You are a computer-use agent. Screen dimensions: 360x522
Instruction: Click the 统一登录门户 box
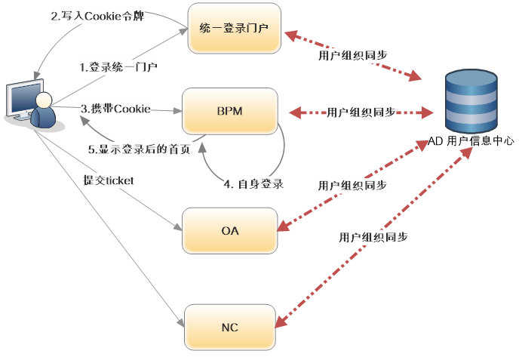(234, 28)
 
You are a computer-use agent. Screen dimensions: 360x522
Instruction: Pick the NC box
(230, 328)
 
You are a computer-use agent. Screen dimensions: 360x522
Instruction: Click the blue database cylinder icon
(471, 101)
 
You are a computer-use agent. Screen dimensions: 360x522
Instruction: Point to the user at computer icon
(31, 104)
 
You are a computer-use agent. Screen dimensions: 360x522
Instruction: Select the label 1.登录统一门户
(118, 67)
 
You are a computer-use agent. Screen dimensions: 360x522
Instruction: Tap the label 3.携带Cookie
(116, 109)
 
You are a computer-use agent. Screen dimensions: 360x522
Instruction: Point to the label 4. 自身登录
(254, 183)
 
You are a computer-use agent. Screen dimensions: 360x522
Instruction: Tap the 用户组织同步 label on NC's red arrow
(374, 237)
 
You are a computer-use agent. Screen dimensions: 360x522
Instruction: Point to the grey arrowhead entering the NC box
(182, 323)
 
